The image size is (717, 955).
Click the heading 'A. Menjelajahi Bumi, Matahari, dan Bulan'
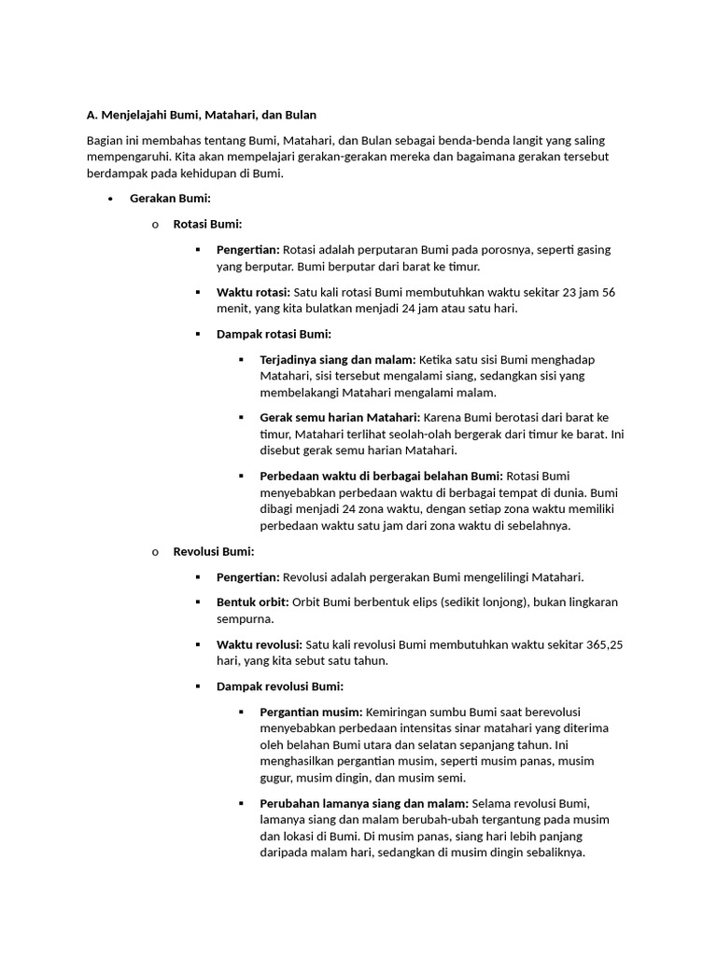pyautogui.click(x=201, y=115)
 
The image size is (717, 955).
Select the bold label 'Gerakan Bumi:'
pyautogui.click(x=170, y=199)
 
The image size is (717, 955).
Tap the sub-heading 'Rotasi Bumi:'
pyautogui.click(x=207, y=224)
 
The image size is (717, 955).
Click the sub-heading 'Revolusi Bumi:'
pyautogui.click(x=214, y=551)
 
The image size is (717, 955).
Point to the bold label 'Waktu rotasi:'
pyautogui.click(x=253, y=292)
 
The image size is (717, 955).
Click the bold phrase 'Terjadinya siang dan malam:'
pyautogui.click(x=338, y=359)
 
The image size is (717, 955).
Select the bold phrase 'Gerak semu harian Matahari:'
pyautogui.click(x=340, y=417)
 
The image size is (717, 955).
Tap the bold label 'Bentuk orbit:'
pyautogui.click(x=252, y=602)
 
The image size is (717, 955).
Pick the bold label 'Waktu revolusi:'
pyautogui.click(x=259, y=644)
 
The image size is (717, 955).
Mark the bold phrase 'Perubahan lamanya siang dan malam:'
pyautogui.click(x=364, y=802)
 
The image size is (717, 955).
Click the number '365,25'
pyautogui.click(x=605, y=644)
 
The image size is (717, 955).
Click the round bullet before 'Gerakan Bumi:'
pyautogui.click(x=110, y=200)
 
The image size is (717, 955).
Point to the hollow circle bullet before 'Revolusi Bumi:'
pyautogui.click(x=155, y=552)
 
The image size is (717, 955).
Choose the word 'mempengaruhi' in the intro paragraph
pyautogui.click(x=128, y=157)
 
